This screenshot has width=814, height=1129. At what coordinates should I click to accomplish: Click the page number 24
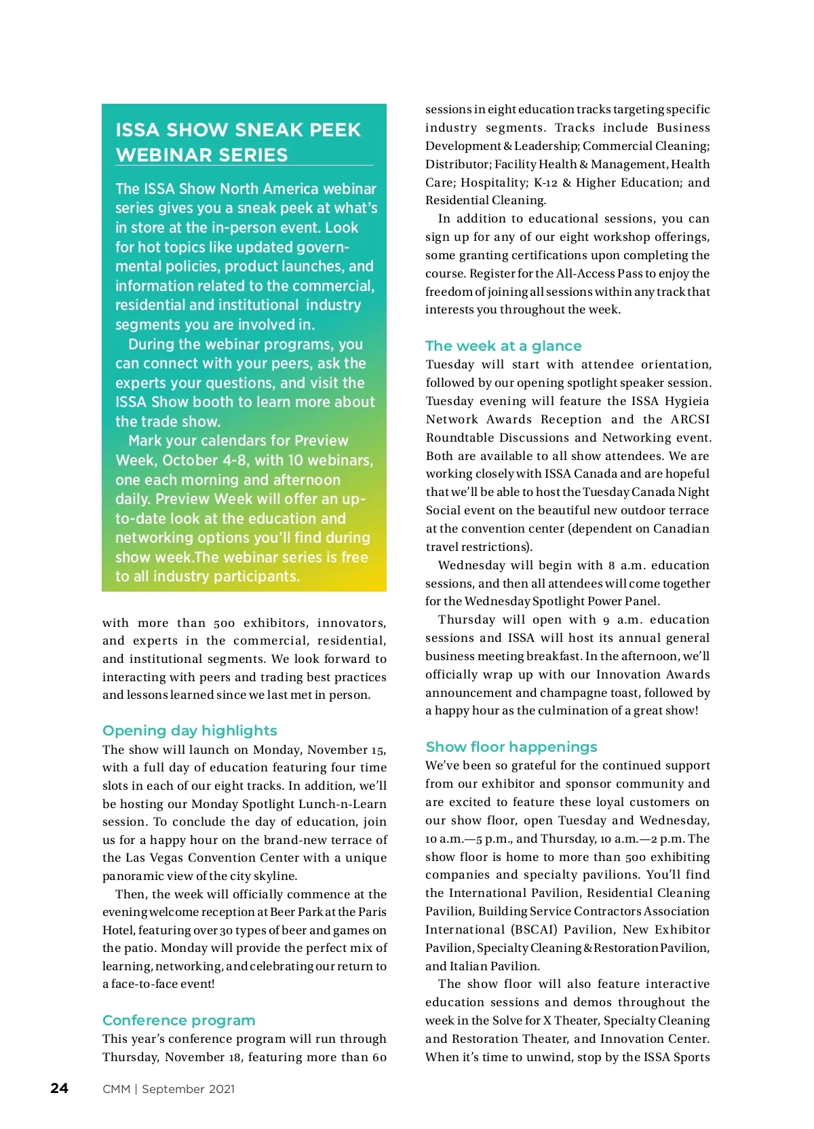[60, 1088]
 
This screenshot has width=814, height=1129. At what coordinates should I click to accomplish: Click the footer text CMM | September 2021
[168, 1089]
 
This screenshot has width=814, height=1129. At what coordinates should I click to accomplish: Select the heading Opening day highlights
[189, 731]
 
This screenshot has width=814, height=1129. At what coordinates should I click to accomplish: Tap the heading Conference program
[178, 1020]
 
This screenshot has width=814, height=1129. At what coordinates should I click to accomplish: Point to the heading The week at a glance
[503, 346]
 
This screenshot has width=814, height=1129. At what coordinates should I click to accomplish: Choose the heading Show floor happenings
[511, 747]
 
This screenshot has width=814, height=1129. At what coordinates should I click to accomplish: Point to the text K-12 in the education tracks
[545, 183]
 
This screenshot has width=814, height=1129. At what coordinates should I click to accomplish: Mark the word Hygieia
[686, 401]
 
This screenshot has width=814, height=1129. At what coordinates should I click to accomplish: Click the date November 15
[347, 750]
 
